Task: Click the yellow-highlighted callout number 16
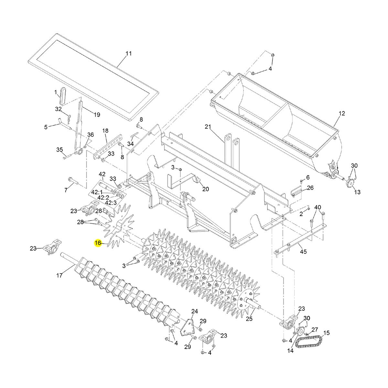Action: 98,242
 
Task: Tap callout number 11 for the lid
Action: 129,54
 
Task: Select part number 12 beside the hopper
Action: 342,113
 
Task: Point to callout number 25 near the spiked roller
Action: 249,319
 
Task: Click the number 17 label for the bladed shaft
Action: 59,276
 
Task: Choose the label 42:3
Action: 111,202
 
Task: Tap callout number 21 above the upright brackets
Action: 208,126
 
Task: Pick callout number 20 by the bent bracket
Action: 206,189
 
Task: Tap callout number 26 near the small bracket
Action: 310,188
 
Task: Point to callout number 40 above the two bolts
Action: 318,207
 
